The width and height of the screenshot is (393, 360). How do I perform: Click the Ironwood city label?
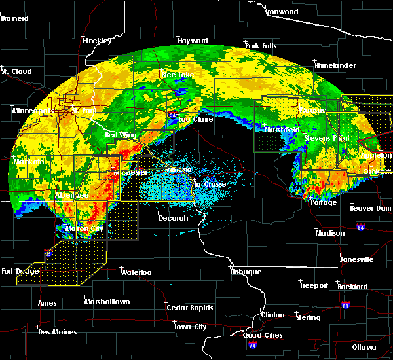(282, 12)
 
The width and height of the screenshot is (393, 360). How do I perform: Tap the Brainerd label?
(15, 18)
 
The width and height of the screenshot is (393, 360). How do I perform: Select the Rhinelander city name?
(335, 65)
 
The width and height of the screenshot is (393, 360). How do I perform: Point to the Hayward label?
(193, 41)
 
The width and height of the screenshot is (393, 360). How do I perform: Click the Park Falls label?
(261, 46)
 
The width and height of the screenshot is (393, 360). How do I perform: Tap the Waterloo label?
(137, 272)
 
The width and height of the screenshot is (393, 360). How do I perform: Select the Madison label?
(330, 233)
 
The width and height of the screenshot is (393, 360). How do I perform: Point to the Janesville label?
(356, 259)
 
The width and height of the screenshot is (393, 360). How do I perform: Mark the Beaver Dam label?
(371, 208)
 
